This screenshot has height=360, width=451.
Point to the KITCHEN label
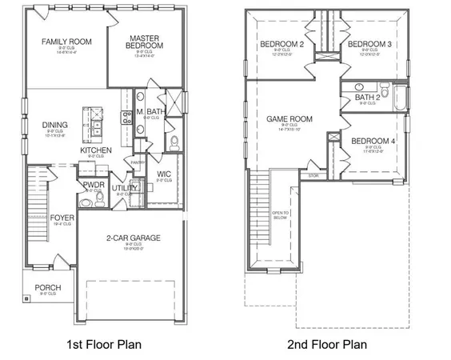[x=95, y=150]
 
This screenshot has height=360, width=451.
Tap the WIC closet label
[x=165, y=174]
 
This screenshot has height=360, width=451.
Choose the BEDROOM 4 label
[x=372, y=142]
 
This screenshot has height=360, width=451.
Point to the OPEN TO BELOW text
[x=280, y=214]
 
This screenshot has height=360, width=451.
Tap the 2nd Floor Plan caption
[x=329, y=344]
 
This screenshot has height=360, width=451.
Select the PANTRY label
[x=138, y=162]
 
